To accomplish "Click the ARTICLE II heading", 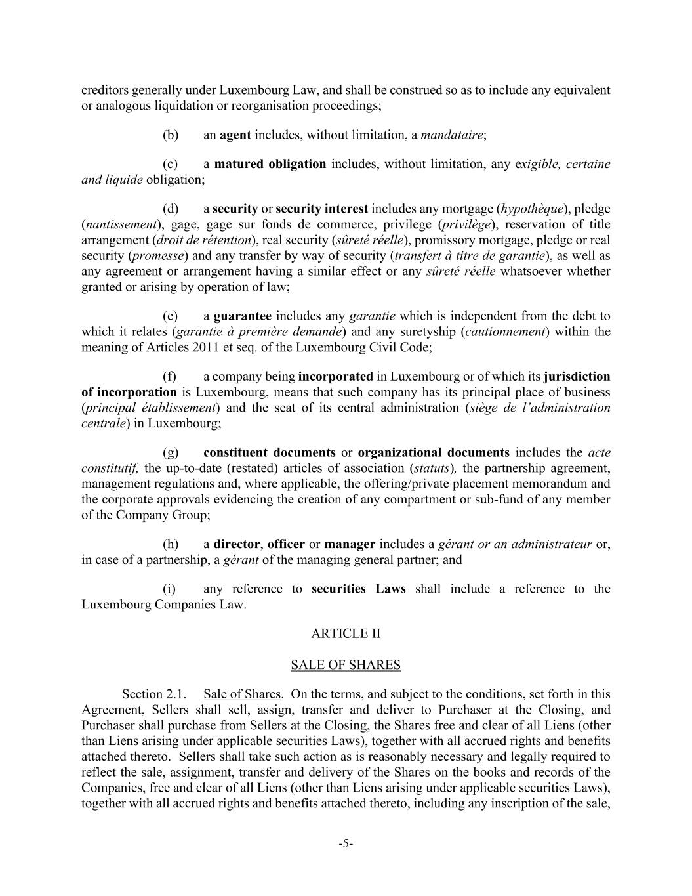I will pos(346,633).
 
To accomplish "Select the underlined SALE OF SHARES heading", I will pos(346,665).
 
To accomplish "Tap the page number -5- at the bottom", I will pos(346,844).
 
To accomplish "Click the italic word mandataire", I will pos(451,135).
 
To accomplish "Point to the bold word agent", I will pos(235,135).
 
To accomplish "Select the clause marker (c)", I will pos(171,164).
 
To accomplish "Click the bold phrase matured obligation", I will pos(270,164).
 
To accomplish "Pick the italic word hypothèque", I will pos(531,209).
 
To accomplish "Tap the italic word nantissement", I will pos(121,225).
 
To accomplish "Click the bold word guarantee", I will pos(242,316).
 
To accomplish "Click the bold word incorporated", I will pos(335,377).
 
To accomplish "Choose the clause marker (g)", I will pos(171,453).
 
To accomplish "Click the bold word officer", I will pos(286,544).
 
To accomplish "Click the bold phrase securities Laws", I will pos(359,589).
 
